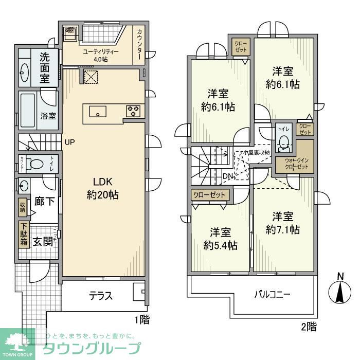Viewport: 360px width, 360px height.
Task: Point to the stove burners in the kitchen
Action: [133, 111]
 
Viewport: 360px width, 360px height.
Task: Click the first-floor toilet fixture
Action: [36, 164]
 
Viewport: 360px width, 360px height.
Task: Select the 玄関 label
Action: [43, 242]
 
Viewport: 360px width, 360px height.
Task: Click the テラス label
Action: [101, 296]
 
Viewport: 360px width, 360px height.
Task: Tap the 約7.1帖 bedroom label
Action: [283, 222]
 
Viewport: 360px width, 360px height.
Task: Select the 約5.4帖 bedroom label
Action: [220, 239]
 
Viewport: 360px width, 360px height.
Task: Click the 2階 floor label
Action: [309, 326]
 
